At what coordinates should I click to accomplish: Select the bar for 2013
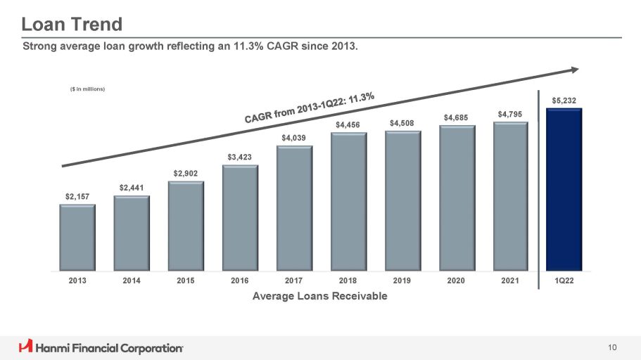(77, 237)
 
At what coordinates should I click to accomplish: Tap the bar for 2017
(294, 208)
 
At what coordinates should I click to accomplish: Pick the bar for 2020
(457, 198)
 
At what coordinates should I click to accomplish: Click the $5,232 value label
(564, 101)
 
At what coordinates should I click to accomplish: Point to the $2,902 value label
(186, 173)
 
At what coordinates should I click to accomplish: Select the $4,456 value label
(348, 124)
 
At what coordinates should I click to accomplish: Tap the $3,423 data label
(240, 156)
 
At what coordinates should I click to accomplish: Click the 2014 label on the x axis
(132, 281)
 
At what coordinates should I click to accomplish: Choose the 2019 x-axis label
(402, 281)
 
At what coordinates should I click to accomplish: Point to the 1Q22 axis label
(564, 281)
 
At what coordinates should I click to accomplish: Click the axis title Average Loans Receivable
(319, 296)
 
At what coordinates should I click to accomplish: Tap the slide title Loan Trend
(72, 25)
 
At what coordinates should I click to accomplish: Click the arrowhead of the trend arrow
(575, 69)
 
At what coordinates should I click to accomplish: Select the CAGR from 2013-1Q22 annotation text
(310, 107)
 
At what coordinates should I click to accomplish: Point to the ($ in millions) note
(87, 89)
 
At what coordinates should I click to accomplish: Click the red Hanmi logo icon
(26, 347)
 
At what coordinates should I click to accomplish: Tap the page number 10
(613, 347)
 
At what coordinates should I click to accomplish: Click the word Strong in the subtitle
(40, 46)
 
